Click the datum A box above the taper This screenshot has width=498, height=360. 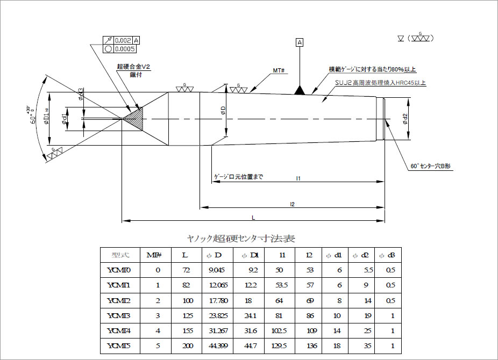[x=300, y=42]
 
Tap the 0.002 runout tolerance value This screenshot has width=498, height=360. [x=123, y=41]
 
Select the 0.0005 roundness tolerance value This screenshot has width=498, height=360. [x=125, y=49]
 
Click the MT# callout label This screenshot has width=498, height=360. [x=278, y=70]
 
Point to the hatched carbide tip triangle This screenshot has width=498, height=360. [x=134, y=118]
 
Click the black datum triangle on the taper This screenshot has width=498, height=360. [x=300, y=90]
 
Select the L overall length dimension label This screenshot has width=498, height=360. [x=253, y=217]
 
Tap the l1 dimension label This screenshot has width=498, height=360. [x=298, y=178]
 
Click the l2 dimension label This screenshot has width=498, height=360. [x=292, y=204]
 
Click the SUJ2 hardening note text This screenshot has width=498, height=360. [x=380, y=83]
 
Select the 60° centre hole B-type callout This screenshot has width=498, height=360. [x=431, y=167]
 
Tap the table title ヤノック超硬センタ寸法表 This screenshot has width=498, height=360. [x=240, y=238]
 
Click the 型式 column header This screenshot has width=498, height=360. [x=120, y=255]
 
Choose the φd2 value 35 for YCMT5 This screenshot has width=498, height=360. [x=365, y=345]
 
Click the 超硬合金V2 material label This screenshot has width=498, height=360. [x=134, y=67]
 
